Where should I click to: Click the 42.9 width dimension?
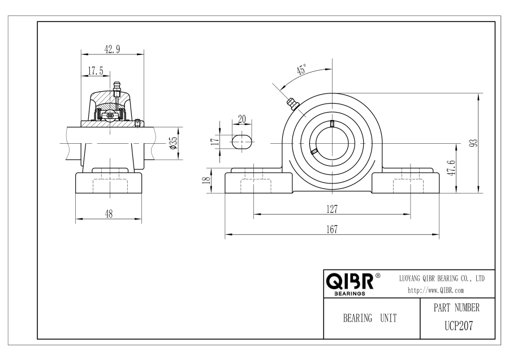pos(112,49)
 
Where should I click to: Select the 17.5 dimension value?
pos(96,71)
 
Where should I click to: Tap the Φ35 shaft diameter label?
pos(174,143)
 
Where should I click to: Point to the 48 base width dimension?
pos(109,214)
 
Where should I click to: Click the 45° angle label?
pos(301,70)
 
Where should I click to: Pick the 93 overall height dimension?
pos(474,143)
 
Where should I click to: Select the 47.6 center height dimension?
pos(451,168)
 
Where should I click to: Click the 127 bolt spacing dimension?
pos(332,209)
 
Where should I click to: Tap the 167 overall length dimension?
pos(332,229)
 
